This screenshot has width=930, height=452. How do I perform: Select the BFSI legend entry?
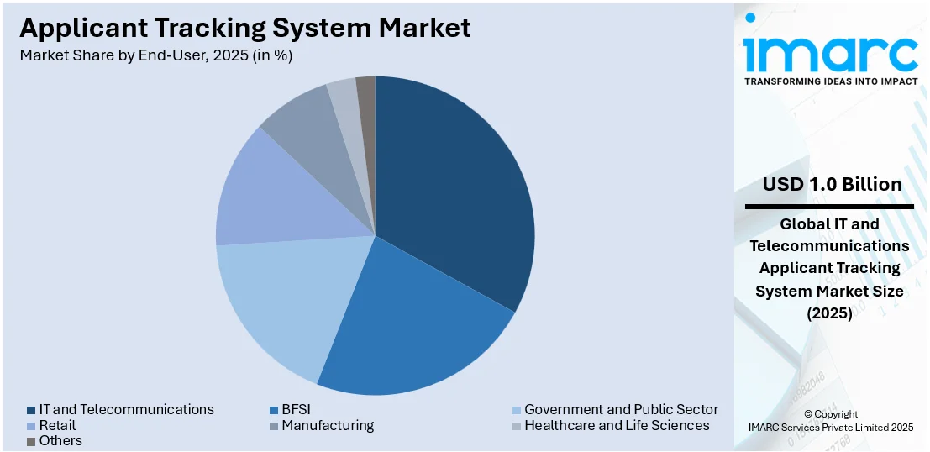[x=296, y=409]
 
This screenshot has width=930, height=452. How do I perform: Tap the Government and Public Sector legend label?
[x=621, y=409]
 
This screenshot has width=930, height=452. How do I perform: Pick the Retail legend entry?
[x=56, y=425]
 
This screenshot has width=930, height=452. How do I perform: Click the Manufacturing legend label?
[x=328, y=425]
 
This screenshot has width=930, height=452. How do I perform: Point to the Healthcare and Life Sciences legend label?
[x=617, y=425]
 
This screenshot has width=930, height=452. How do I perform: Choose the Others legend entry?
[x=60, y=440]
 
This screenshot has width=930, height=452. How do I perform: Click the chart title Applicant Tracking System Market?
[x=244, y=28]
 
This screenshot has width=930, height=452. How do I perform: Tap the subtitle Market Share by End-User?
[x=156, y=55]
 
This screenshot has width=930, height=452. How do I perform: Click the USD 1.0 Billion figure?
[x=832, y=184]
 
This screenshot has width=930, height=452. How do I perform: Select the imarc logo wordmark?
[x=830, y=52]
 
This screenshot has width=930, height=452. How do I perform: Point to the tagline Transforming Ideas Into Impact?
[x=830, y=81]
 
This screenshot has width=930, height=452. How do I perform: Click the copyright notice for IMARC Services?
[x=830, y=421]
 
